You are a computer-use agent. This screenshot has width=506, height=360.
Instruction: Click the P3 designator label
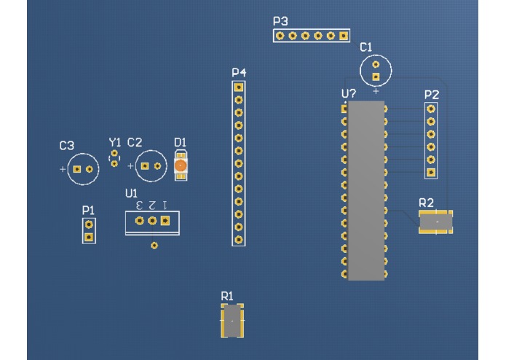click(x=281, y=21)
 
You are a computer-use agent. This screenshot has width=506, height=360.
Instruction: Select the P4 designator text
click(x=239, y=73)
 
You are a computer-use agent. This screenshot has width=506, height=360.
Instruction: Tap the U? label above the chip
click(x=349, y=94)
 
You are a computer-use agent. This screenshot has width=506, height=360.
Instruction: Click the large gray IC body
click(x=365, y=190)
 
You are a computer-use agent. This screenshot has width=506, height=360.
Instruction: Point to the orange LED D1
click(x=181, y=167)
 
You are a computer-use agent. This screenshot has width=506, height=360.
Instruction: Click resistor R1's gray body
click(x=232, y=321)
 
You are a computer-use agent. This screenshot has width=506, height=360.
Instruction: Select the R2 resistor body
click(x=435, y=219)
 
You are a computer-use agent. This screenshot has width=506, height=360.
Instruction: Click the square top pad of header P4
click(x=238, y=87)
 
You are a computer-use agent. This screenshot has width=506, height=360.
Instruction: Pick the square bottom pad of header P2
click(x=432, y=173)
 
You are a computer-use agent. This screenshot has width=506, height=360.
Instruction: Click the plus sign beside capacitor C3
click(x=63, y=169)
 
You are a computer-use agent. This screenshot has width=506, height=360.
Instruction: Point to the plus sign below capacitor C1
click(x=376, y=92)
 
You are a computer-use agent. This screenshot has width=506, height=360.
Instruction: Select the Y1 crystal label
click(x=115, y=142)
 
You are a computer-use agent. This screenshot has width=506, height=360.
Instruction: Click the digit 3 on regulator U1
click(x=138, y=206)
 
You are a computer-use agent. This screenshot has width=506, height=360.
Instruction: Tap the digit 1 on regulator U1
click(x=165, y=206)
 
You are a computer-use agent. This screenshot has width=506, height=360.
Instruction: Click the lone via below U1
click(x=154, y=246)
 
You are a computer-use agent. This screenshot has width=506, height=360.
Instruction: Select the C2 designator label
click(x=135, y=142)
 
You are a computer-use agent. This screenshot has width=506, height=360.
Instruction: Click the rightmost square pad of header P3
click(x=342, y=35)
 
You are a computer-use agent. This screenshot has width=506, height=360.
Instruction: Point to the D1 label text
click(x=181, y=142)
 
